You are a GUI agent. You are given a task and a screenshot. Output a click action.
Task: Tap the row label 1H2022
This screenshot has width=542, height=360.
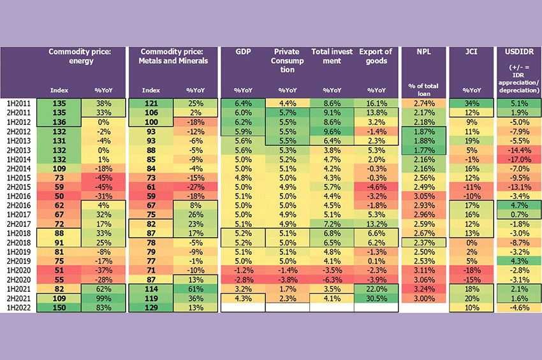(x=16, y=308)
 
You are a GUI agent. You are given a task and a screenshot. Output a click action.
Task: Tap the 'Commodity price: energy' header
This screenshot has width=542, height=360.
(x=80, y=56)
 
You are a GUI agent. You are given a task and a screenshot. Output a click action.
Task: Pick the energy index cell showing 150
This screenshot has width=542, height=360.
(x=59, y=308)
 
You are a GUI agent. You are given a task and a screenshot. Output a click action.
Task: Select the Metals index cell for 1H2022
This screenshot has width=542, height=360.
(x=151, y=308)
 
